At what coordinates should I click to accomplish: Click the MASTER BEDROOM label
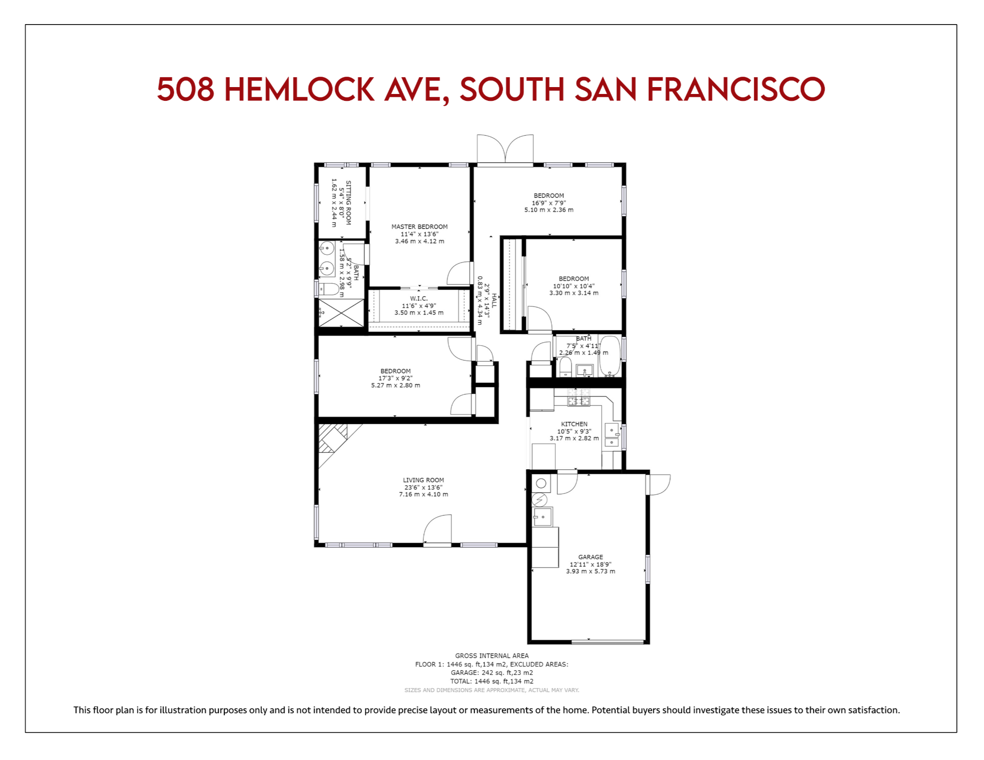(x=419, y=227)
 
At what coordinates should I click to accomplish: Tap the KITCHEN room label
(x=574, y=424)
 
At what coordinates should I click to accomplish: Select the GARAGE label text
(x=590, y=557)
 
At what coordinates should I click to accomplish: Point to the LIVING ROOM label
(x=423, y=480)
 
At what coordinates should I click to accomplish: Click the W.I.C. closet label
(x=419, y=299)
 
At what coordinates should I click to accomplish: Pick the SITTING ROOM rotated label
(x=349, y=203)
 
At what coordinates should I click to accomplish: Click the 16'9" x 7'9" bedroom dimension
(x=549, y=203)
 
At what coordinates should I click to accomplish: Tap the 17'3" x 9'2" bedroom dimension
(x=395, y=378)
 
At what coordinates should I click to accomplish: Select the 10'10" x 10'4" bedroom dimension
(x=573, y=286)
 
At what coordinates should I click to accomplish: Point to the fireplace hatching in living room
(x=333, y=438)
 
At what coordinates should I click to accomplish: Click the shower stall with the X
(x=341, y=312)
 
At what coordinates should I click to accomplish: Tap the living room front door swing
(x=437, y=529)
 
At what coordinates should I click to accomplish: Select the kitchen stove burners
(x=579, y=397)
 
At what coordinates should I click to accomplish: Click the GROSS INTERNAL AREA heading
(x=492, y=656)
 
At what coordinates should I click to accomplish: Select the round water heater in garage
(x=541, y=484)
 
